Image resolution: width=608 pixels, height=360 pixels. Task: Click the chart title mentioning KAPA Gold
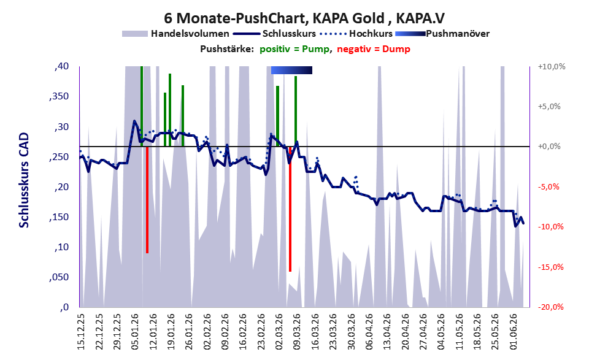tap(304, 18)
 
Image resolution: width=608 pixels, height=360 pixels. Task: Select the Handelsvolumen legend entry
tap(175, 34)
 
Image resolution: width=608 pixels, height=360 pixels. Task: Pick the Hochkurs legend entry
tap(356, 34)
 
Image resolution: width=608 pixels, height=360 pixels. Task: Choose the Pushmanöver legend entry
tap(442, 34)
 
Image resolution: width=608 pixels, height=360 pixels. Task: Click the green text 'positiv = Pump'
tap(294, 49)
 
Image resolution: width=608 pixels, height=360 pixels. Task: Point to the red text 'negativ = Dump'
tap(374, 49)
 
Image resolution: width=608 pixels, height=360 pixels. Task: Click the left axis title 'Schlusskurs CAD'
tap(24, 180)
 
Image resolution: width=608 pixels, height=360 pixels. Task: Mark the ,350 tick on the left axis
tap(59, 96)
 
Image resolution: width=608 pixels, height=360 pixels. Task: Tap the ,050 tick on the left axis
tap(59, 277)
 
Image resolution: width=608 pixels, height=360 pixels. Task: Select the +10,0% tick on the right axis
tap(552, 67)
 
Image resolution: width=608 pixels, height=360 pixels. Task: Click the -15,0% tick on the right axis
tap(550, 267)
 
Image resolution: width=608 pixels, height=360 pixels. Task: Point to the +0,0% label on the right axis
tap(549, 147)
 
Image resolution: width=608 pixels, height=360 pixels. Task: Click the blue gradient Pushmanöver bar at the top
tap(291, 70)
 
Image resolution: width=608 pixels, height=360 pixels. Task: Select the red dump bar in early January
tap(147, 199)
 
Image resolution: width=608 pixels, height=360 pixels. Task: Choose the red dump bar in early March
tap(290, 209)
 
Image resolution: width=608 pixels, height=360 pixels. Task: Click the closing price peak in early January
tap(134, 121)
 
